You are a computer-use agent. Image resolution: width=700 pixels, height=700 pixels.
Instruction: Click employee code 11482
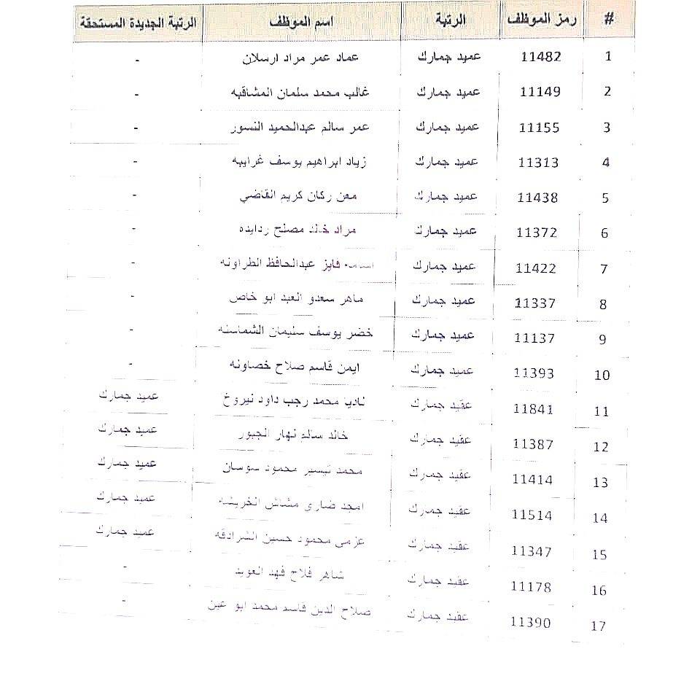540,56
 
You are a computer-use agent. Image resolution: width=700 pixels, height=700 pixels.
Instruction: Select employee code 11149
540,92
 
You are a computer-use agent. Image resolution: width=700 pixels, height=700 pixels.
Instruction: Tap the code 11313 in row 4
539,162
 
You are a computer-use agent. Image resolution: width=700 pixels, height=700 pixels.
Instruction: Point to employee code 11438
537,198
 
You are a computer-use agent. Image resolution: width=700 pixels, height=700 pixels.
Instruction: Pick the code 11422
536,268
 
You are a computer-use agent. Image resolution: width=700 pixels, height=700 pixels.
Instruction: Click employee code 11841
533,409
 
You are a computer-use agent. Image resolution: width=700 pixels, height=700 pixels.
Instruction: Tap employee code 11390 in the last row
531,622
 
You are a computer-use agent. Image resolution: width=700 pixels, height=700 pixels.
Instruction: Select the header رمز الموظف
541,20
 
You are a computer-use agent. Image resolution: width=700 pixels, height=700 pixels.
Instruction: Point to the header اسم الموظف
302,22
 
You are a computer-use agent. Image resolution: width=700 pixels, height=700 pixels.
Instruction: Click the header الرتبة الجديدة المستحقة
139,22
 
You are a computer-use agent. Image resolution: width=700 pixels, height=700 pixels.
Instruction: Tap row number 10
602,376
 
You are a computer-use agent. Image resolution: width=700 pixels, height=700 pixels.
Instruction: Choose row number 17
599,625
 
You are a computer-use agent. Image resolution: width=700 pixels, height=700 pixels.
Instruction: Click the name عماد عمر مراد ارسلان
300,57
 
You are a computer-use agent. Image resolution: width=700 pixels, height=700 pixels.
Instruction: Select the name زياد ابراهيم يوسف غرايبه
299,161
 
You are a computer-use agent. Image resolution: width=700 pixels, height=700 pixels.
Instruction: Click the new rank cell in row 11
128,395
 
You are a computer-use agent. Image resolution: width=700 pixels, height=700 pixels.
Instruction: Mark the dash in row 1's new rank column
137,59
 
